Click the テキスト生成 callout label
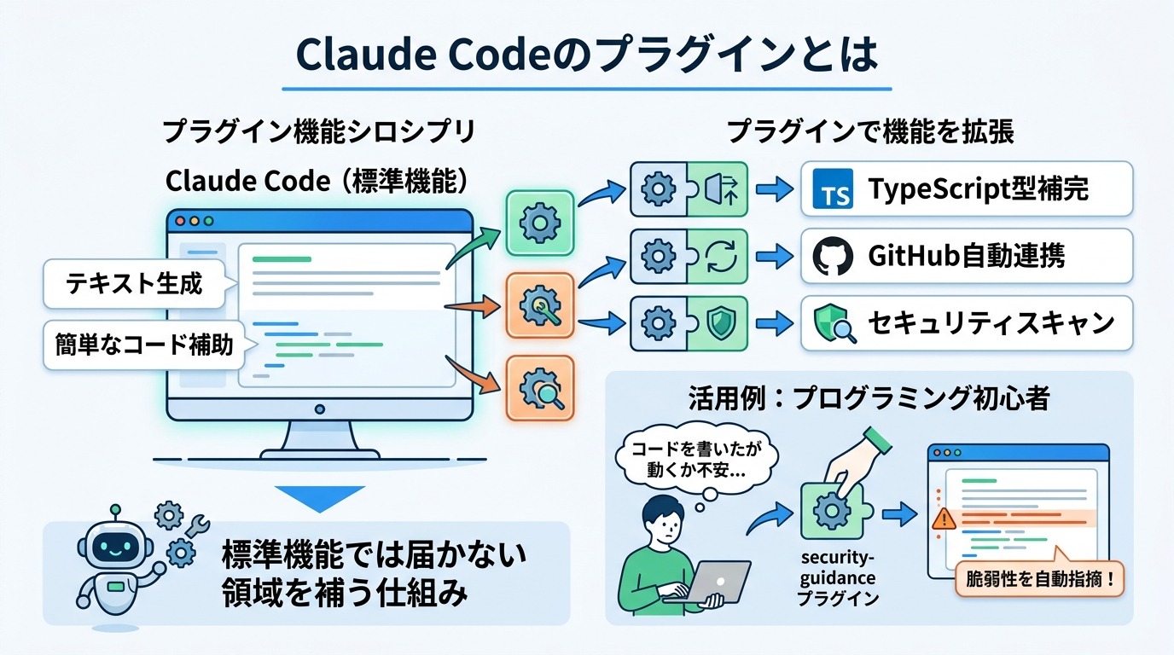coord(134,284)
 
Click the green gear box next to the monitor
coord(539,223)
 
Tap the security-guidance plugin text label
coord(838,577)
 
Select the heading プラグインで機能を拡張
coord(870,132)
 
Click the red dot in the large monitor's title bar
coord(179,221)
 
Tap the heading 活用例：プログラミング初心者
coord(869,398)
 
